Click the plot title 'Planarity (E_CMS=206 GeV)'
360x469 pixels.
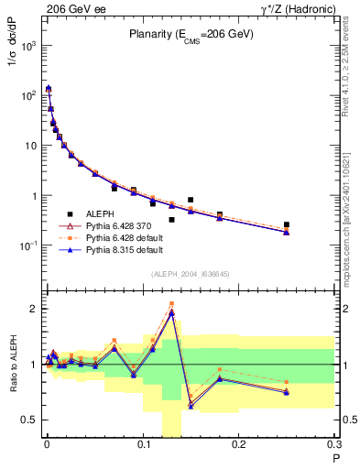pos(191,36)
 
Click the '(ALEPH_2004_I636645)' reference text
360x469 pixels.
pos(191,274)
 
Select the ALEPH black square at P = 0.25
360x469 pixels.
pos(287,224)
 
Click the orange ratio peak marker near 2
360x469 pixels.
pos(171,304)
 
